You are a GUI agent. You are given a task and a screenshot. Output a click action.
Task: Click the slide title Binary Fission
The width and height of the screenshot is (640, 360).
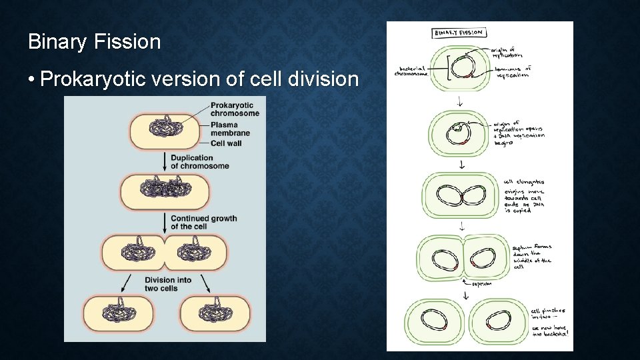[x=94, y=42]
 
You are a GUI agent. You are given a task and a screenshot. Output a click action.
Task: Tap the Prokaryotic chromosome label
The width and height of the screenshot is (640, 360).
[x=235, y=109]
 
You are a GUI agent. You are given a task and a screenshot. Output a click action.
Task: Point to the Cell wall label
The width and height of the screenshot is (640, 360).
[x=230, y=143]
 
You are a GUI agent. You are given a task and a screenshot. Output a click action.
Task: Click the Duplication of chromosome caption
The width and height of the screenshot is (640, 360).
[x=199, y=162]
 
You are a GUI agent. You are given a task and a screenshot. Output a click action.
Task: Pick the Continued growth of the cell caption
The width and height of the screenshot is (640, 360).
[x=203, y=222]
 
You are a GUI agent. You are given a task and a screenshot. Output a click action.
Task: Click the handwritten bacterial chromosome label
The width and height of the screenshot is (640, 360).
[x=411, y=71]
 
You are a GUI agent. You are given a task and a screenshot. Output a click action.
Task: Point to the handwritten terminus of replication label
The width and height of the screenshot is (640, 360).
[x=513, y=72]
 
